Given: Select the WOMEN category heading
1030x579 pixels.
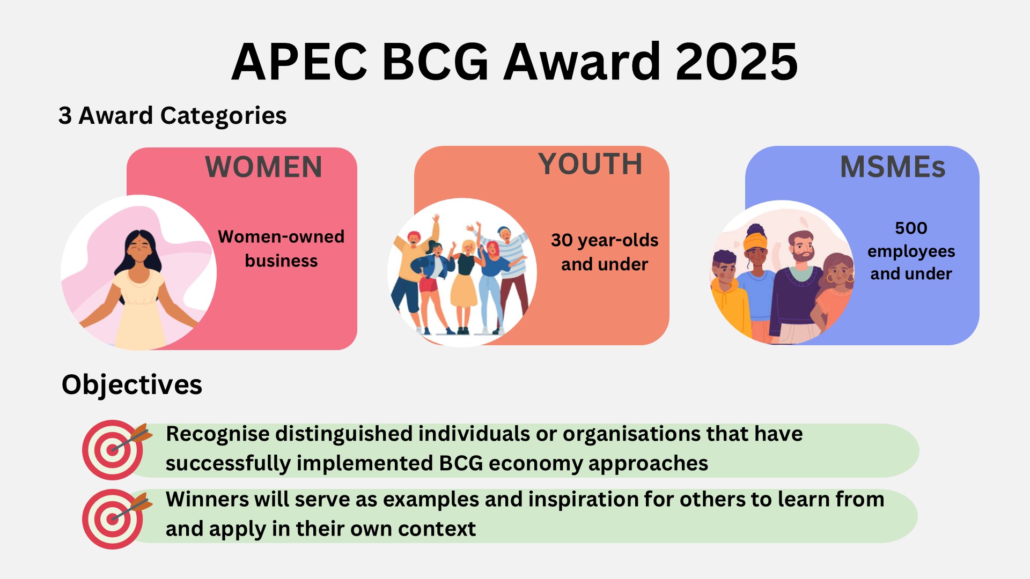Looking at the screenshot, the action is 263,167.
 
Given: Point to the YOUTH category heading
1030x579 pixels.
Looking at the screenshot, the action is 590,164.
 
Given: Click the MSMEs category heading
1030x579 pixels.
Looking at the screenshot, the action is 893,167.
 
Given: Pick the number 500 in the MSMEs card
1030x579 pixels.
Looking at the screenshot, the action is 911,228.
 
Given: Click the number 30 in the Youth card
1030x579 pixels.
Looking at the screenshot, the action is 562,240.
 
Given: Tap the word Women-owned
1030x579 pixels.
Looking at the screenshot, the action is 281,236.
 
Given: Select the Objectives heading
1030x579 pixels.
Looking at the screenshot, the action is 132,384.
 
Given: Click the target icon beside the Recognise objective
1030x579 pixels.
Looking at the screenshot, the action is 114,449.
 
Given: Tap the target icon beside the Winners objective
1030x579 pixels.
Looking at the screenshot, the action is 114,518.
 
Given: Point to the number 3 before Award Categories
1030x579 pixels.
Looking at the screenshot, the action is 65,116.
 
